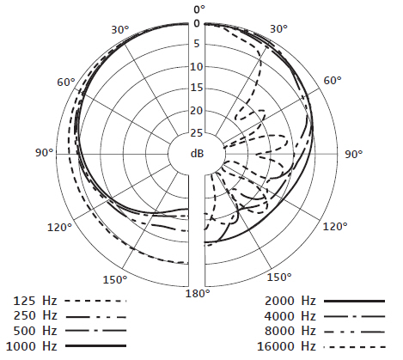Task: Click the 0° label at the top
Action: (x=199, y=9)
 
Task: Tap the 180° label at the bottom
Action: (x=198, y=294)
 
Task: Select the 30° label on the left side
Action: (x=120, y=29)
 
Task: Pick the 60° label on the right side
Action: (x=333, y=81)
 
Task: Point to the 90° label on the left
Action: (x=45, y=153)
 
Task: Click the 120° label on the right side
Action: (x=335, y=227)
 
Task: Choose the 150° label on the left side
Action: (x=115, y=279)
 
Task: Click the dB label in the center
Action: (x=197, y=154)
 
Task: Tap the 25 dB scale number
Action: (x=197, y=133)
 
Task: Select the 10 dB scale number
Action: (x=197, y=67)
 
